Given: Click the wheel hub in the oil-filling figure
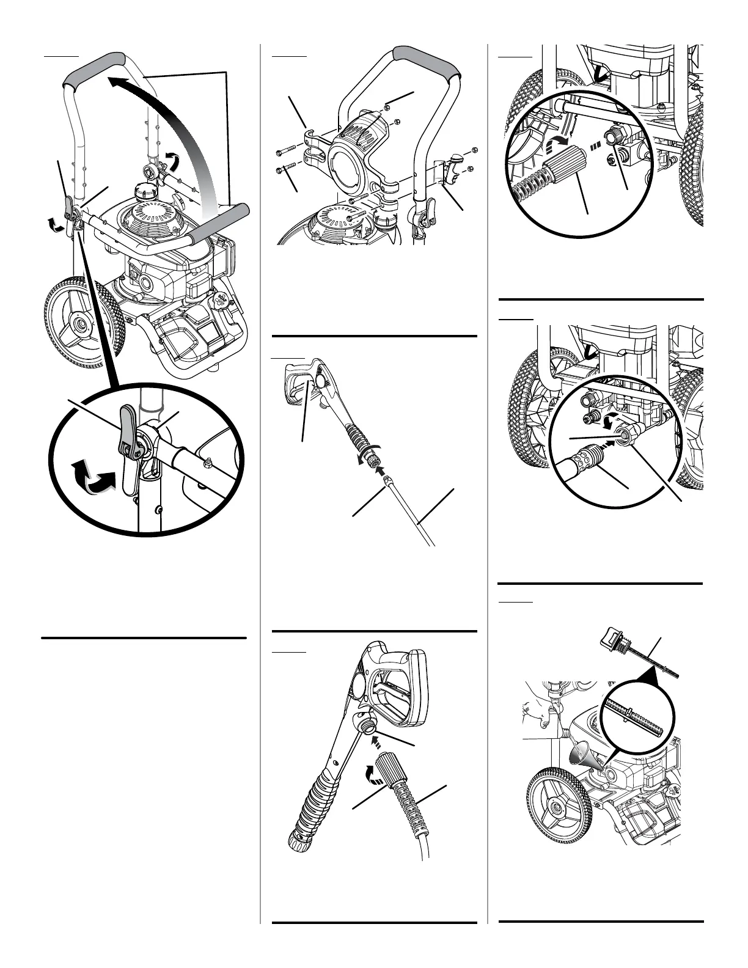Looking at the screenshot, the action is click(x=557, y=807).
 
